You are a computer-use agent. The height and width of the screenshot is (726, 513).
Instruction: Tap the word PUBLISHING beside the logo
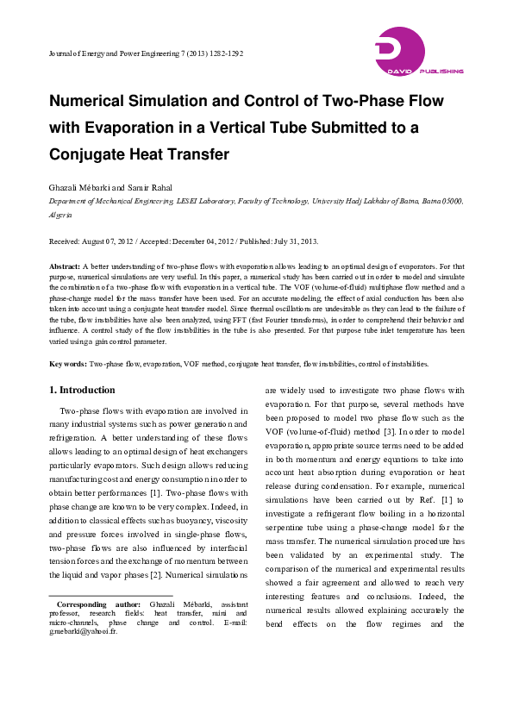pos(440,72)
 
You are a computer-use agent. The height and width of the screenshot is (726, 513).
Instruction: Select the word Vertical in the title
pos(297,128)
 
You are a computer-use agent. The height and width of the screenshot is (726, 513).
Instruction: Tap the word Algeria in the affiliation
pos(60,214)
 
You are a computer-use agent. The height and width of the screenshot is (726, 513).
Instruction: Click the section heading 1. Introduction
pos(83,390)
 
